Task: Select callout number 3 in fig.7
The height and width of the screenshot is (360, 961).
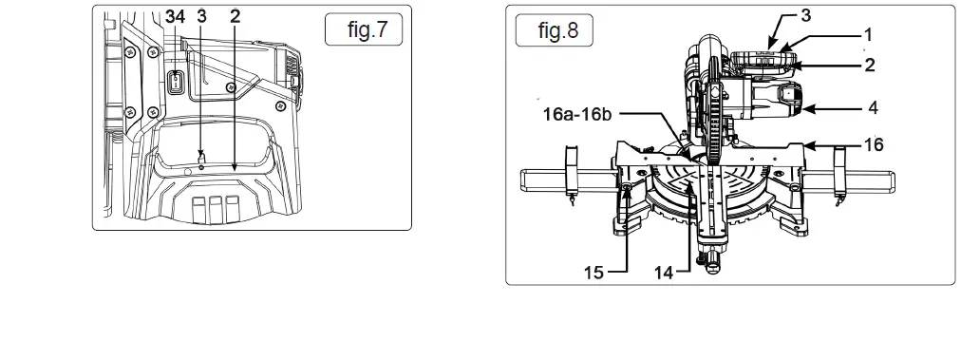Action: (x=201, y=15)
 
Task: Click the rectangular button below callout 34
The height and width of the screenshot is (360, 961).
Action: (x=176, y=83)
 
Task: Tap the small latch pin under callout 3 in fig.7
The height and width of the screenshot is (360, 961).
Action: (x=201, y=158)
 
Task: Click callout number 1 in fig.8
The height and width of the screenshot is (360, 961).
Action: (x=868, y=34)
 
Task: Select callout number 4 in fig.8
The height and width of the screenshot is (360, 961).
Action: (x=873, y=108)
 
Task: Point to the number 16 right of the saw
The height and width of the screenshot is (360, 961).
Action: (x=875, y=144)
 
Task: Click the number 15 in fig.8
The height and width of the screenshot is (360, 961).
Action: (x=594, y=273)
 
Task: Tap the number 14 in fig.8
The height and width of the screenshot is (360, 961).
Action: (x=664, y=273)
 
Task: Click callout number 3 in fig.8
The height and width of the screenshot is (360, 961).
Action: (x=805, y=15)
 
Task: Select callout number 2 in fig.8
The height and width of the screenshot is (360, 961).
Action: (x=868, y=66)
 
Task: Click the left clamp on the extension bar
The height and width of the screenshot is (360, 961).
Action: (x=572, y=173)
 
